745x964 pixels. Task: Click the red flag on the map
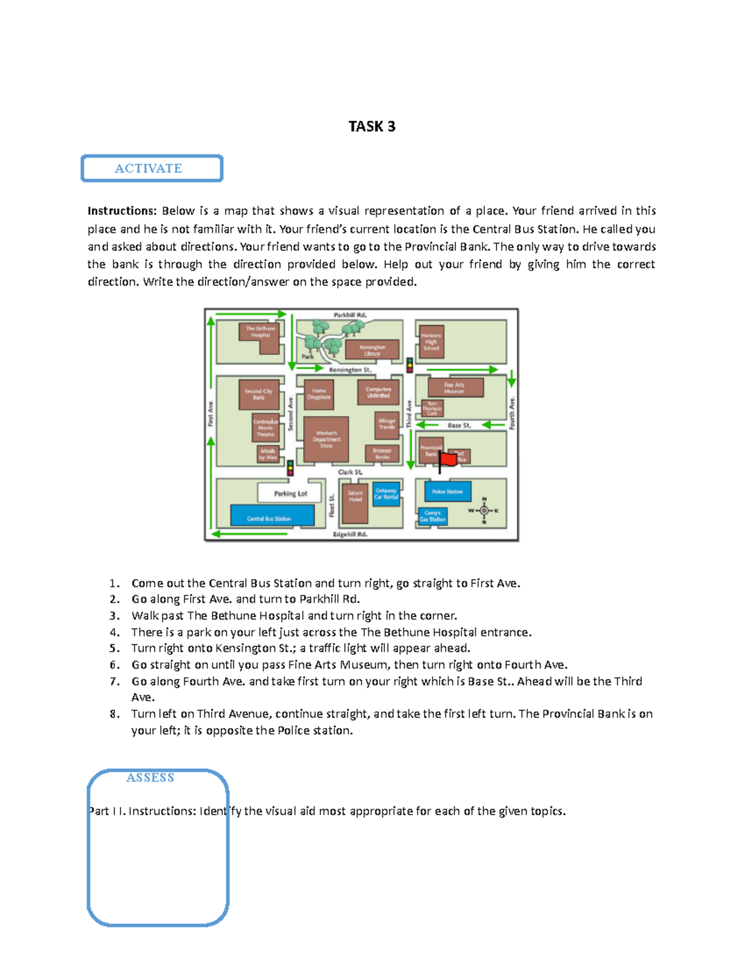(x=448, y=459)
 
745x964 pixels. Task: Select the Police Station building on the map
(x=448, y=492)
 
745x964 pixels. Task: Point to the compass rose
(x=484, y=511)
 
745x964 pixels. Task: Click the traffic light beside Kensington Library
(x=410, y=365)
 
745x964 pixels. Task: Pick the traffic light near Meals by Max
(x=290, y=467)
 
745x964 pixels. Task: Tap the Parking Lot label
(x=291, y=493)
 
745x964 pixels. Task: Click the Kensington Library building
(x=372, y=350)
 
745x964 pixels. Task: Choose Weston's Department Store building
(x=327, y=439)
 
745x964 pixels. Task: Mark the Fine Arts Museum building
(x=454, y=388)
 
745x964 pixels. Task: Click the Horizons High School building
(x=431, y=341)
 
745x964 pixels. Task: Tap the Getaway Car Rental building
(x=386, y=494)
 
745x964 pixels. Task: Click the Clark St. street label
(x=350, y=472)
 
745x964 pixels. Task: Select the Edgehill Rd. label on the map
(x=350, y=534)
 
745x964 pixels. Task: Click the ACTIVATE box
(x=152, y=168)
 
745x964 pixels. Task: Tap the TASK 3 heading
(x=372, y=127)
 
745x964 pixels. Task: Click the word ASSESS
(x=150, y=778)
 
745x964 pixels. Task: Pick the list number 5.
(x=114, y=649)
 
